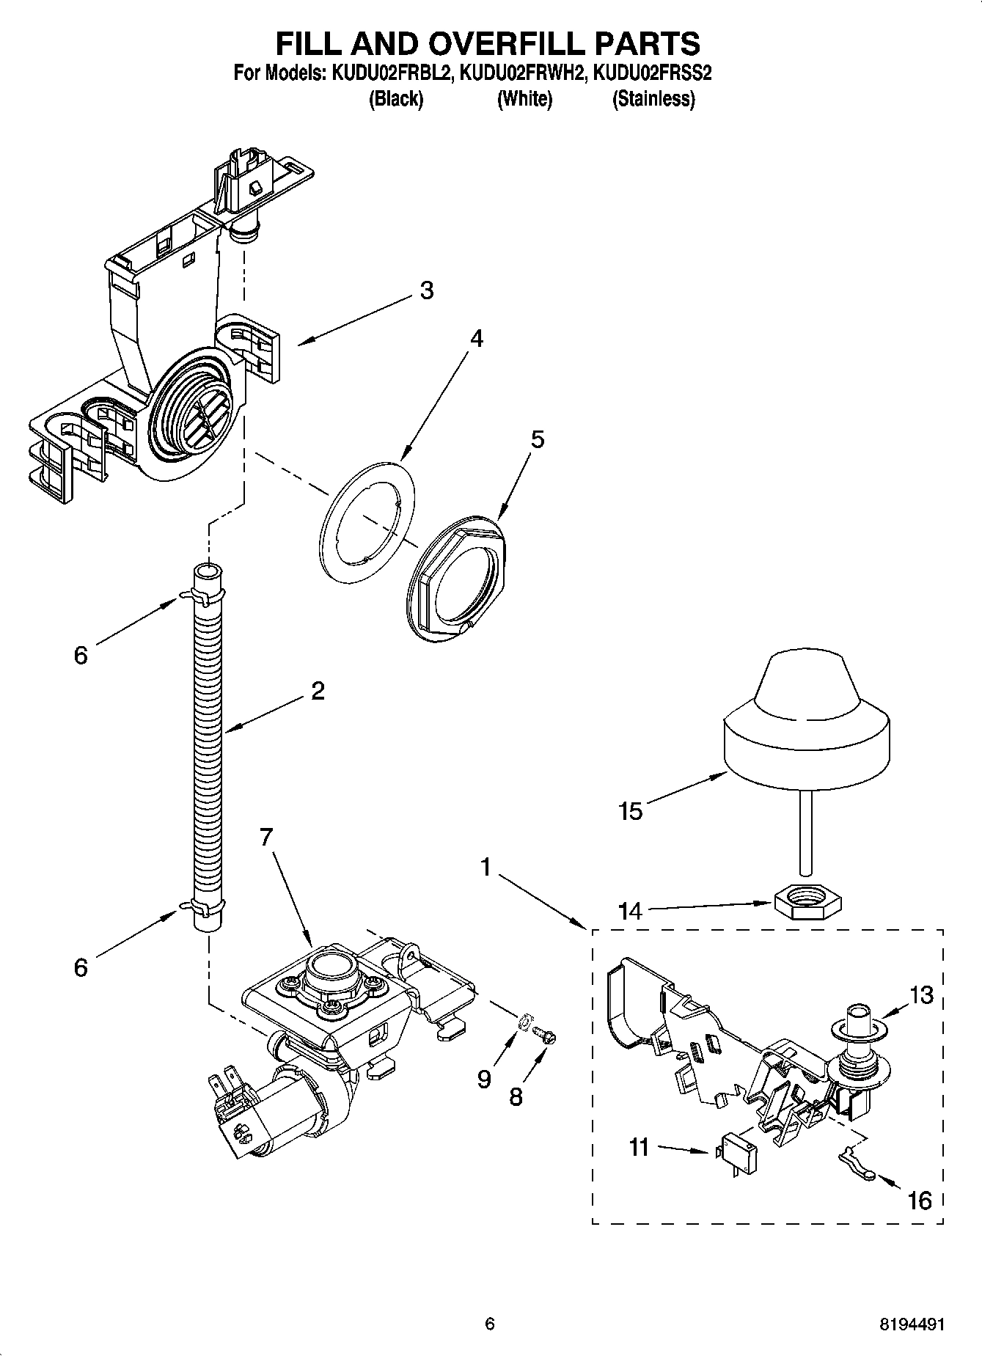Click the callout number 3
(427, 290)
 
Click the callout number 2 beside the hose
(318, 691)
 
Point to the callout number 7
(265, 836)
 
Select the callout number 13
(922, 996)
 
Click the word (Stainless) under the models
(653, 99)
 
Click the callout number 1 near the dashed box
(485, 868)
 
